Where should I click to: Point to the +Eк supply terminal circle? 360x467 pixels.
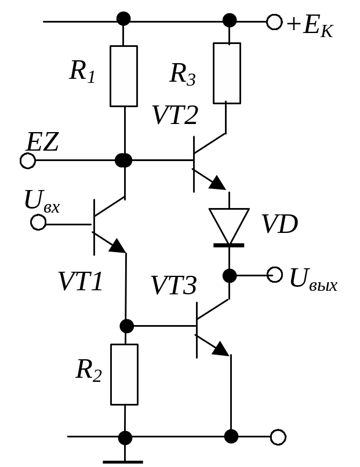274,22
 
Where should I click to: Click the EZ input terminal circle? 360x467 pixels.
28,161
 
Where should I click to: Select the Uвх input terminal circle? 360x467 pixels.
38,222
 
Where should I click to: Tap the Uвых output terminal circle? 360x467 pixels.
274,275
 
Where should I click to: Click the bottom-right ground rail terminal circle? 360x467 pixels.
278,437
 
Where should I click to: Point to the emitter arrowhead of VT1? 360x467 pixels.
118,246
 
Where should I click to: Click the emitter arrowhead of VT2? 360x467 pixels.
218,183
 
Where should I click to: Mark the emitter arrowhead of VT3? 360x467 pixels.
221,348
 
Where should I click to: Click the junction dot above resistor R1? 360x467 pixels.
123,19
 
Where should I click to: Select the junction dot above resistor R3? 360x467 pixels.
230,20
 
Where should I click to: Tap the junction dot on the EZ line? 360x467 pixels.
123,160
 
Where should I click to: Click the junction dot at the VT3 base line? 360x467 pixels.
126,326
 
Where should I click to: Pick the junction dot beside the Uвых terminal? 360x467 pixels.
230,275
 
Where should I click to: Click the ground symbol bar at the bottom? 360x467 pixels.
123,462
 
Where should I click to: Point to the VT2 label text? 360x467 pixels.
175,115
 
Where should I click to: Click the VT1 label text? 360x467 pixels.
81,281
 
